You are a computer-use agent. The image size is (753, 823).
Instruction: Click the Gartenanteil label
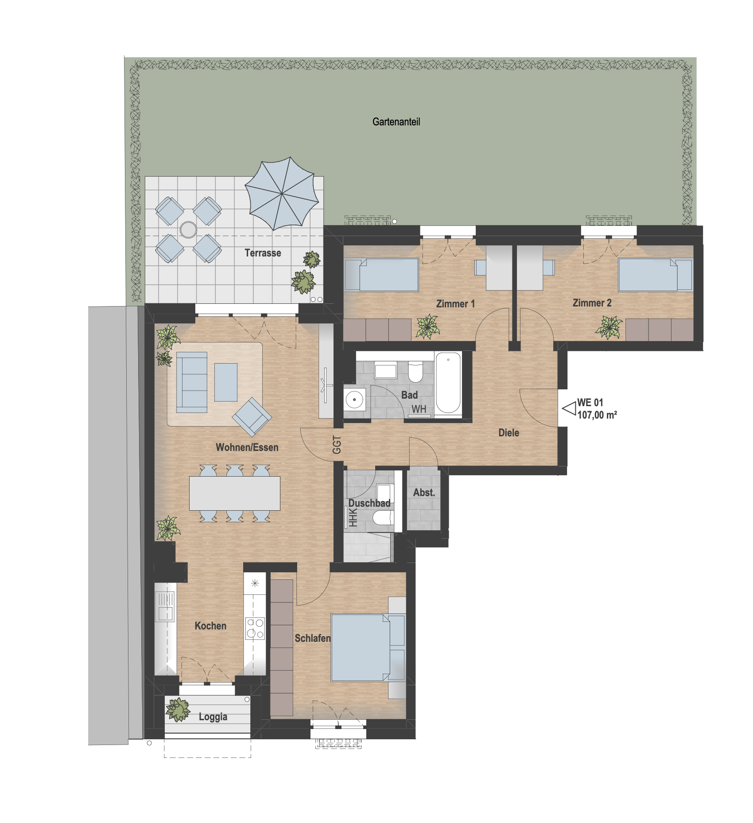[x=396, y=122]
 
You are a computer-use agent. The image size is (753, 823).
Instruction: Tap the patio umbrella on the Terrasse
[x=282, y=194]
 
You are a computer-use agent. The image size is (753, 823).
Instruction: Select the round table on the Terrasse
[x=188, y=230]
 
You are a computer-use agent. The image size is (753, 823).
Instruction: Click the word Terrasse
[x=263, y=253]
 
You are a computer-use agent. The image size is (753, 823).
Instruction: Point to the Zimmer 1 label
[x=455, y=304]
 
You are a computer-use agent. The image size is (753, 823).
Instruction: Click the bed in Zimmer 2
[x=655, y=275]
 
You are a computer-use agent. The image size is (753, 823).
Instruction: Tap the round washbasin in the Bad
[x=354, y=400]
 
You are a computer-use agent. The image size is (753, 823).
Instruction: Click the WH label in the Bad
[x=419, y=409]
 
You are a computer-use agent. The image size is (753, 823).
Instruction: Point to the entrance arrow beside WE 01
[x=569, y=408]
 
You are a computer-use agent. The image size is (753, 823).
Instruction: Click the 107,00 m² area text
[x=597, y=415]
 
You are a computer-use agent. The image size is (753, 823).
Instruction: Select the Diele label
[x=508, y=433]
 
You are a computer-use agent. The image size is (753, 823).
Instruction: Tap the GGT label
[x=337, y=445]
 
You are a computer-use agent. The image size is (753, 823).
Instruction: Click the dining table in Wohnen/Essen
[x=235, y=493]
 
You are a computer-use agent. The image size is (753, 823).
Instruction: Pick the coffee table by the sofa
[x=226, y=382]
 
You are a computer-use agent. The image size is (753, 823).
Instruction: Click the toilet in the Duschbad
[x=383, y=517]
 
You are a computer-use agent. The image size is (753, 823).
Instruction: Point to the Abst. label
[x=424, y=493]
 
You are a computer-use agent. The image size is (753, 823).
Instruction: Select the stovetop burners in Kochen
[x=255, y=628]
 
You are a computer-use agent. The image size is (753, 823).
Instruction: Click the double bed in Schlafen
[x=368, y=648]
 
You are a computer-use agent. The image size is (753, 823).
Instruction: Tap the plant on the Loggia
[x=178, y=709]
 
